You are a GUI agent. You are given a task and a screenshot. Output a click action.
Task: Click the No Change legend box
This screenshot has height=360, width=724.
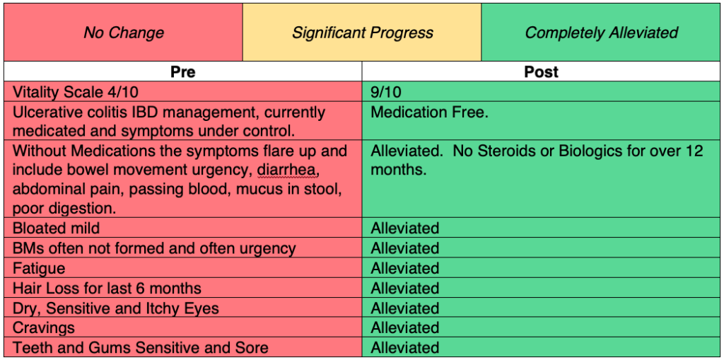pos(124,33)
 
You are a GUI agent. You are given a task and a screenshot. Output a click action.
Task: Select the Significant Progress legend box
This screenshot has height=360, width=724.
pos(362,33)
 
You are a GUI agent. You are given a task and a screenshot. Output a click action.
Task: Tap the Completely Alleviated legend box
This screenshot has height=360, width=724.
pos(601,33)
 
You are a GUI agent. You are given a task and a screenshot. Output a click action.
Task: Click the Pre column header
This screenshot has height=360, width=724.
pos(183,72)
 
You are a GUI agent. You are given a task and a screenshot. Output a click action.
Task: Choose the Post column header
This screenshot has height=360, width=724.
pos(542,72)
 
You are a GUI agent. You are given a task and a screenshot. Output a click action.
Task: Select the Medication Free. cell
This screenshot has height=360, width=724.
pos(429,112)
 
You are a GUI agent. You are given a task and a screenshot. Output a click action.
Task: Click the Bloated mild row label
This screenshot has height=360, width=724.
pos(57,228)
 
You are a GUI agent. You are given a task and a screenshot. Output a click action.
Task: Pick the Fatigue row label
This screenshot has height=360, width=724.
pos(39,269)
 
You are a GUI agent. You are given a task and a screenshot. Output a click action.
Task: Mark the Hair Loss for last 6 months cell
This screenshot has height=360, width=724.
pos(107,289)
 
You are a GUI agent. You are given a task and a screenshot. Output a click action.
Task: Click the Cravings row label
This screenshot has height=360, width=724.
pos(44,328)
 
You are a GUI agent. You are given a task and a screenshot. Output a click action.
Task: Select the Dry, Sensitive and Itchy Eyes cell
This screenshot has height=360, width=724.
pos(116,308)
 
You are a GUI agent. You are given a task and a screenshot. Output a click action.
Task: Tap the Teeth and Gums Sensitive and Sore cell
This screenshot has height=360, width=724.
pos(141,348)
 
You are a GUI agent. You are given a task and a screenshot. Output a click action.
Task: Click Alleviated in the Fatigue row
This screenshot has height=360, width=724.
pos(405,269)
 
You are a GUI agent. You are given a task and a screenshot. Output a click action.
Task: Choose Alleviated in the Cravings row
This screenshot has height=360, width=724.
pos(405,328)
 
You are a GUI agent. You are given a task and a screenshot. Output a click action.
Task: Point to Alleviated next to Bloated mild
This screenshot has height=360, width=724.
pos(405,228)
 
